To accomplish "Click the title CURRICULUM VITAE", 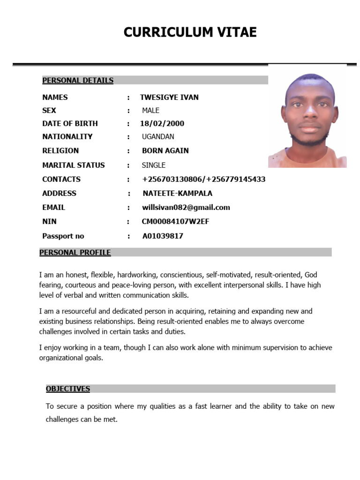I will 190,32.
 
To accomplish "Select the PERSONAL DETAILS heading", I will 78,80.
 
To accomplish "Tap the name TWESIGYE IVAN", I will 169,97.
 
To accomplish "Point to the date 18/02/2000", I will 162,124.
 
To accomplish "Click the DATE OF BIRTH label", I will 70,124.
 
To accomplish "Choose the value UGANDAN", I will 158,137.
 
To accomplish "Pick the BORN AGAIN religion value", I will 165,151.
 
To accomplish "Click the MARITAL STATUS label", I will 73,165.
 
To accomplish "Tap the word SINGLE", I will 154,165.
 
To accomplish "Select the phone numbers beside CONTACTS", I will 203,179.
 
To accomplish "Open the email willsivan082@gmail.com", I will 186,207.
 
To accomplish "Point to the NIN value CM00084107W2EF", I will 175,221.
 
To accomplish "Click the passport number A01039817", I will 163,236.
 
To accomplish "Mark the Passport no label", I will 63,236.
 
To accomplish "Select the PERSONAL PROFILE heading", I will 75,253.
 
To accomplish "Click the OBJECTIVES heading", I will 68,389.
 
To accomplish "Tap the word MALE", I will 150,111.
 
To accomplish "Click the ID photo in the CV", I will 307,120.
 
